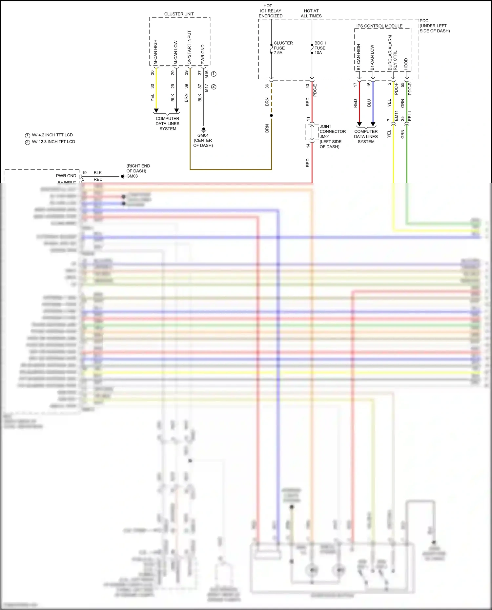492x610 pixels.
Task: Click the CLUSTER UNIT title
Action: [x=179, y=14]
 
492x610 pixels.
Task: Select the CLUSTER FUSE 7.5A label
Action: [x=282, y=48]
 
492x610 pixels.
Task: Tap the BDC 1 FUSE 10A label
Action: [x=320, y=48]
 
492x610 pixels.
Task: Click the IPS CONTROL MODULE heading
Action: [x=379, y=26]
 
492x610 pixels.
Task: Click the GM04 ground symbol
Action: [x=203, y=129]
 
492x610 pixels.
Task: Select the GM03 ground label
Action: [x=132, y=176]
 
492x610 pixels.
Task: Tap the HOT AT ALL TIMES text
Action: [x=311, y=13]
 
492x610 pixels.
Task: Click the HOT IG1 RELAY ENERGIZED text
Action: [x=270, y=11]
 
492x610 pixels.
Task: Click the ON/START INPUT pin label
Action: [x=189, y=48]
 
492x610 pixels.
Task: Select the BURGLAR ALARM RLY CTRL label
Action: [x=392, y=53]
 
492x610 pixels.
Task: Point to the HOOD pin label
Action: [x=406, y=64]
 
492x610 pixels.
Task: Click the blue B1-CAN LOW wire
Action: [x=373, y=102]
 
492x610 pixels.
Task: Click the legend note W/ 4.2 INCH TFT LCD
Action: [x=52, y=135]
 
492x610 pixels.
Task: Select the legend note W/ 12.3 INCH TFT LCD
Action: [x=53, y=142]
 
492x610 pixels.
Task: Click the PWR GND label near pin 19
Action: [x=66, y=176]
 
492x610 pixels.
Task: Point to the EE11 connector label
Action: [x=409, y=116]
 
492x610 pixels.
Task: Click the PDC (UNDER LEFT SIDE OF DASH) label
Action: [x=434, y=26]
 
